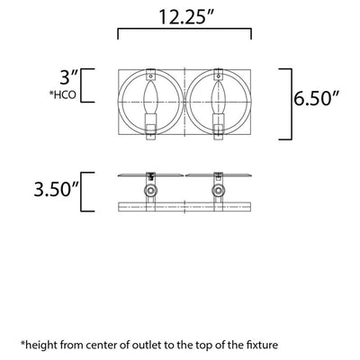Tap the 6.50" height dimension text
coord(316,98)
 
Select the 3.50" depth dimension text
coord(57,189)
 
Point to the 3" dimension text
coord(68,77)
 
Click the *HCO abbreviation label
coord(62,94)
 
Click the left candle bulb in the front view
coord(150,98)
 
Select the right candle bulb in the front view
coord(218,98)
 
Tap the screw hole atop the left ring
coord(150,76)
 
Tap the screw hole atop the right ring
coord(218,76)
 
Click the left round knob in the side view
coord(150,191)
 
